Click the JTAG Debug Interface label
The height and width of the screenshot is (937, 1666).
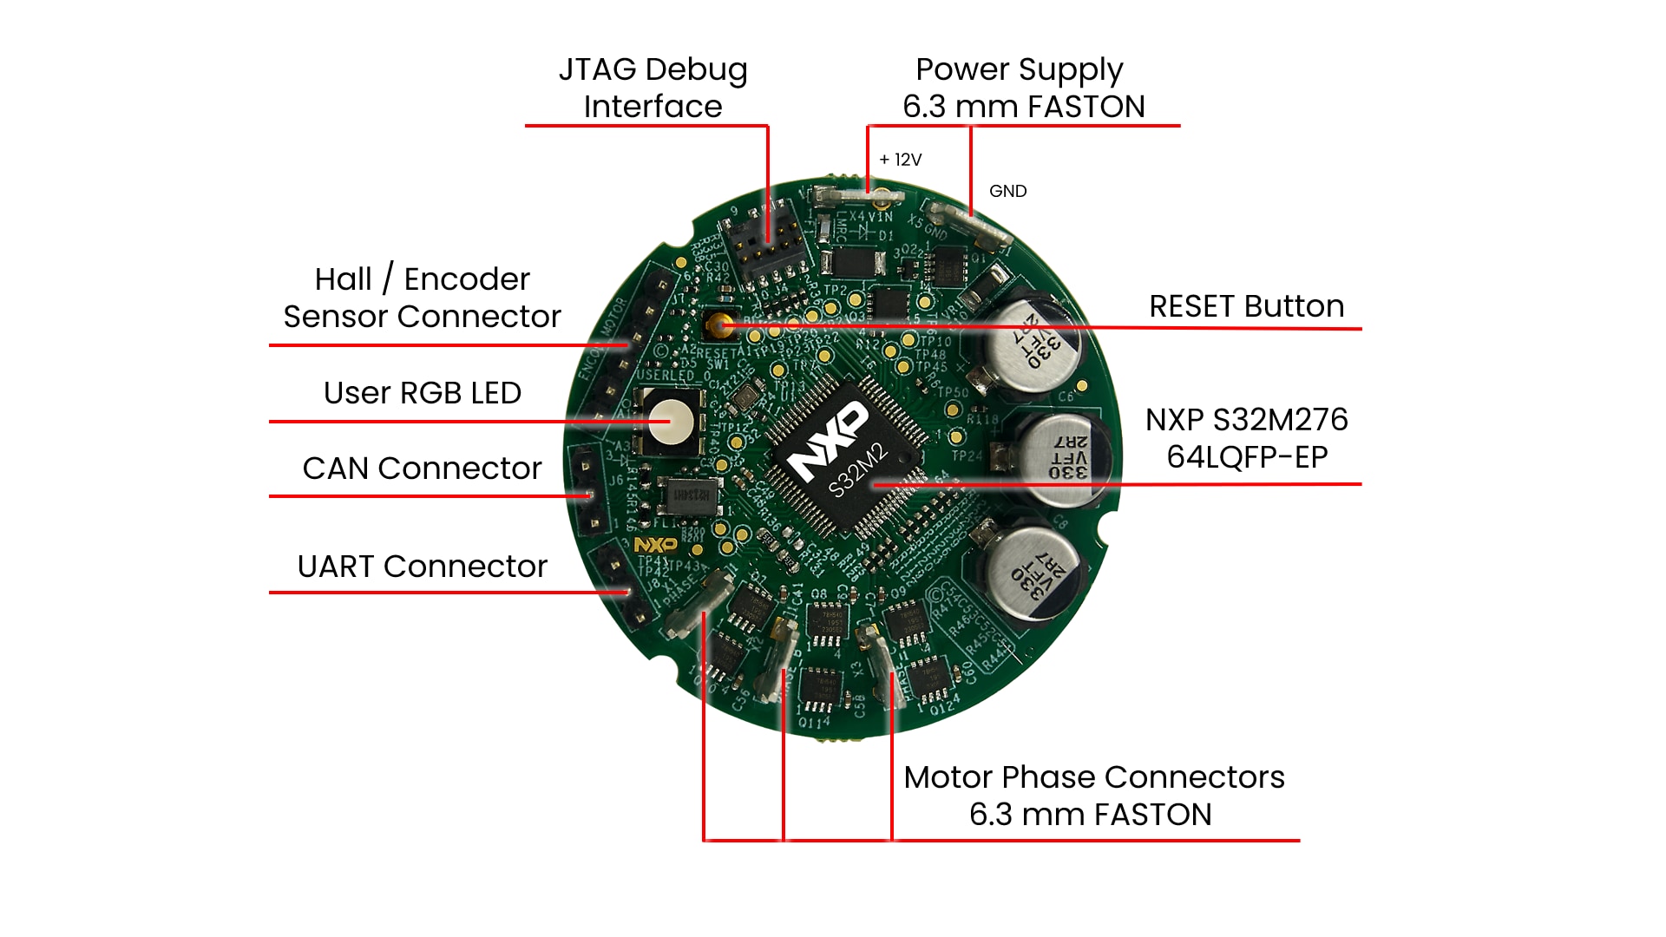[x=653, y=88]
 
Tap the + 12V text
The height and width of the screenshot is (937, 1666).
[x=900, y=160]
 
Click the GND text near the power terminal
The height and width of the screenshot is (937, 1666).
[x=1007, y=191]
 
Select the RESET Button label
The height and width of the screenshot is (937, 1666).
[x=1246, y=306]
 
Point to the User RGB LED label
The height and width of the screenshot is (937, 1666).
[x=422, y=393]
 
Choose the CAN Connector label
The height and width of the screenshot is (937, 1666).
[x=422, y=468]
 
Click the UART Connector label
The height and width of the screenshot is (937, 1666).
[x=422, y=567]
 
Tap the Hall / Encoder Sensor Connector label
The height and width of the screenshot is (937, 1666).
[x=422, y=298]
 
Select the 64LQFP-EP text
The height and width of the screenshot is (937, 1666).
[x=1246, y=457]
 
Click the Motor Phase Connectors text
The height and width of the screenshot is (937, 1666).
[x=1093, y=777]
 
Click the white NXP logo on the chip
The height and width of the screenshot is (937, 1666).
[x=829, y=441]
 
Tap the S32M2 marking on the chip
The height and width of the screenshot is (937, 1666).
[x=857, y=472]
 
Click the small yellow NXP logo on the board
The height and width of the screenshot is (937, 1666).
[x=655, y=545]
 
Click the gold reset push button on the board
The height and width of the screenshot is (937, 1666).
[x=718, y=326]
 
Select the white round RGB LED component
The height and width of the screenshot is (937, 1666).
[x=671, y=423]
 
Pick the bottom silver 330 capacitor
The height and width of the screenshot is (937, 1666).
[x=1034, y=573]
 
